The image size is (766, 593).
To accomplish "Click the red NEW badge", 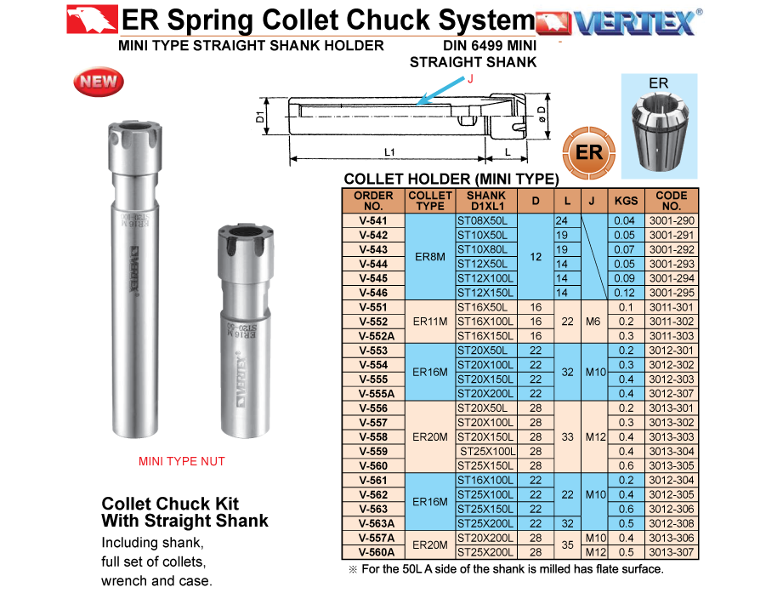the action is (x=98, y=82).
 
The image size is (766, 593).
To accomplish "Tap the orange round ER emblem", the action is (x=588, y=152).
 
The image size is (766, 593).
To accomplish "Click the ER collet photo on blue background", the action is (x=659, y=126).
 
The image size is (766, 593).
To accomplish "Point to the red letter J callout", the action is (x=470, y=79).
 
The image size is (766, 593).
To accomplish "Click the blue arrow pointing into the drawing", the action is (x=440, y=91).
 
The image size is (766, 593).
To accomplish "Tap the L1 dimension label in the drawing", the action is (x=389, y=152).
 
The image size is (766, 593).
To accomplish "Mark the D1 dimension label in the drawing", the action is (x=260, y=117).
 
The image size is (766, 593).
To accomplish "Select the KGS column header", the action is (x=626, y=201).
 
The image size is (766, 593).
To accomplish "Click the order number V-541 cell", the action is (x=373, y=220).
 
